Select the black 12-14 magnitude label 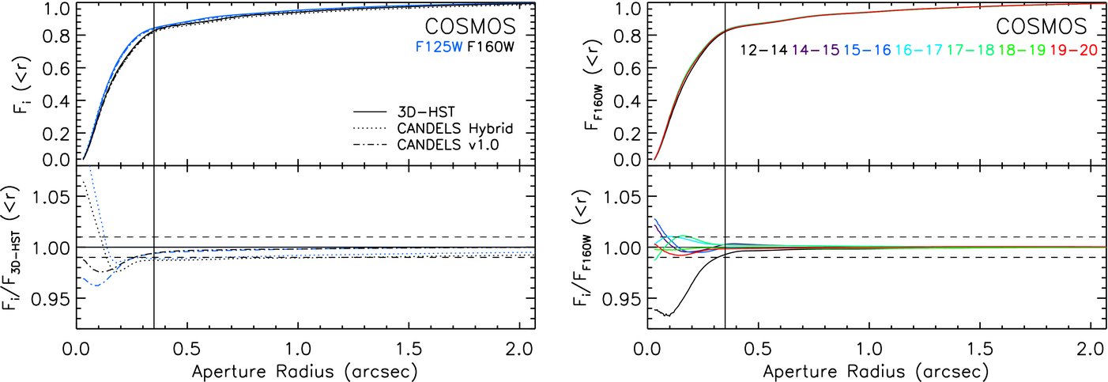tap(763, 50)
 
